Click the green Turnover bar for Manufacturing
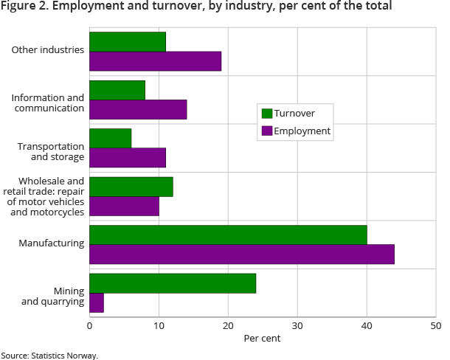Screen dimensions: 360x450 (228, 235)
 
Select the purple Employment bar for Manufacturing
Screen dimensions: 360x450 (241, 254)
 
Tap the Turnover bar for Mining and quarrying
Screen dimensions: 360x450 (173, 283)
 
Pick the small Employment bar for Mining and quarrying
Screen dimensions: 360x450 (97, 302)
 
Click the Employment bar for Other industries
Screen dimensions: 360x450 (155, 61)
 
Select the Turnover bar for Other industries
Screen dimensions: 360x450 (127, 42)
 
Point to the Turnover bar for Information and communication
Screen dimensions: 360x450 (117, 90)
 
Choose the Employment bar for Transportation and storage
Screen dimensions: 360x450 (127, 157)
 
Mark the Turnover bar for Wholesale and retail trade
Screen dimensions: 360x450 (131, 187)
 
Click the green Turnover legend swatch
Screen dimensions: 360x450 (267, 114)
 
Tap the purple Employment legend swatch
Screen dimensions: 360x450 (267, 131)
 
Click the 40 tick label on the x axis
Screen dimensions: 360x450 (367, 326)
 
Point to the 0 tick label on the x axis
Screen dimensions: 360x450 (89, 326)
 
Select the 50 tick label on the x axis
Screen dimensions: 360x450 (435, 326)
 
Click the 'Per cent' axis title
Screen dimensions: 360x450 (262, 339)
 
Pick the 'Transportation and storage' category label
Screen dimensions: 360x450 (51, 151)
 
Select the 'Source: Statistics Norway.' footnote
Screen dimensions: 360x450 (49, 355)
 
